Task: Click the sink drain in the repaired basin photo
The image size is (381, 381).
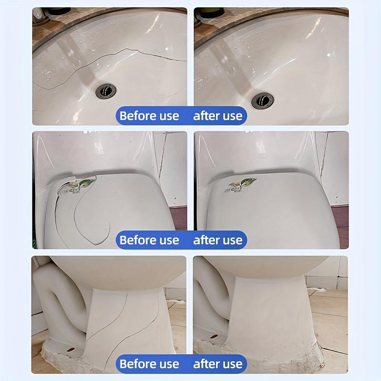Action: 262,100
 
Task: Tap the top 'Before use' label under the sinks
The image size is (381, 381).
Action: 149,116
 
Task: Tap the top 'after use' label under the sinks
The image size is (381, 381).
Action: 218,116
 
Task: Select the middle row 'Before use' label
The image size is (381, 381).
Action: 149,240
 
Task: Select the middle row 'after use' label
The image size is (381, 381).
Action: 218,240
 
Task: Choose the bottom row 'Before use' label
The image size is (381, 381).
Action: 149,364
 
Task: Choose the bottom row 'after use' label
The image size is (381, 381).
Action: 218,364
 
